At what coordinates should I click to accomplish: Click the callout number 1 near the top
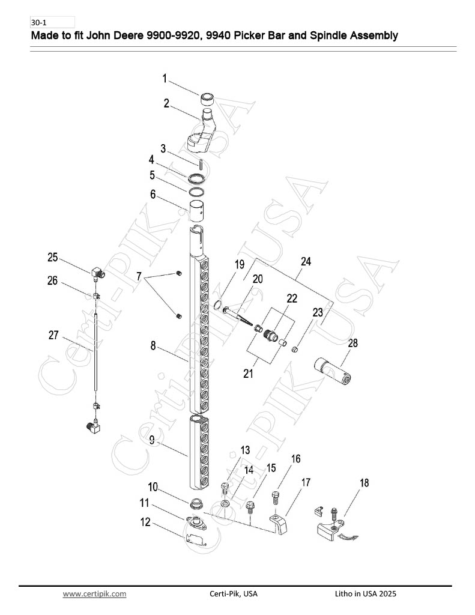point(165,79)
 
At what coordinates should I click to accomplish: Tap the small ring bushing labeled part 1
point(208,99)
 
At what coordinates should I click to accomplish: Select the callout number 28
point(352,343)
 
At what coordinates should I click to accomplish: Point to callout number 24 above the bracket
point(306,261)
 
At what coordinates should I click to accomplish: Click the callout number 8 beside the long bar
point(153,346)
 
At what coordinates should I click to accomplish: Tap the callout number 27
point(53,335)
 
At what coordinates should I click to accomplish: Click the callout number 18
point(365,483)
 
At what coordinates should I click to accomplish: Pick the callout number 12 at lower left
point(145,522)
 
